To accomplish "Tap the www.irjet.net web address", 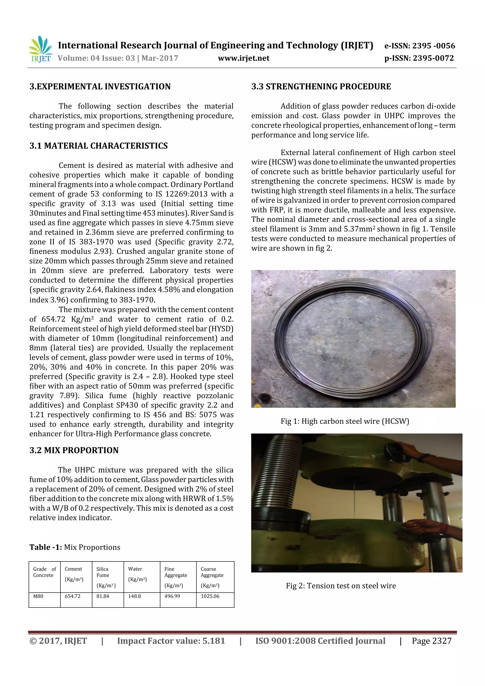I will coord(243,58).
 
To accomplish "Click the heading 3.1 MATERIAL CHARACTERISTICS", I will coord(98,146).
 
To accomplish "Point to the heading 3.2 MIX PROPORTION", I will coord(74,450).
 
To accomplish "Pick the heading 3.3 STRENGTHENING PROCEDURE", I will coord(321,87).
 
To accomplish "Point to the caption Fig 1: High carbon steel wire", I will coord(345,421).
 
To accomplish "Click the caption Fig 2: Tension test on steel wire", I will coord(341,586).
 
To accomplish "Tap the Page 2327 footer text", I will coord(431,641).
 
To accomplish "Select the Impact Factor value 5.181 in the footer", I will coord(171,641).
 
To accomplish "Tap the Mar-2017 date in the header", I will coord(160,58).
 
